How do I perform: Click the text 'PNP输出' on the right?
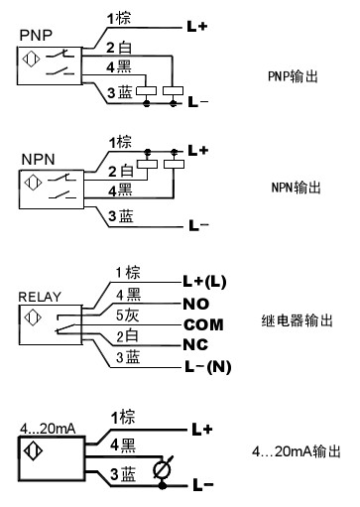pyautogui.click(x=290, y=75)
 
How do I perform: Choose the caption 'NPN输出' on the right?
pyautogui.click(x=290, y=186)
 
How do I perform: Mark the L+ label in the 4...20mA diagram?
pyautogui.click(x=202, y=430)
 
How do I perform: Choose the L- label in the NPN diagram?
pyautogui.click(x=198, y=226)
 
